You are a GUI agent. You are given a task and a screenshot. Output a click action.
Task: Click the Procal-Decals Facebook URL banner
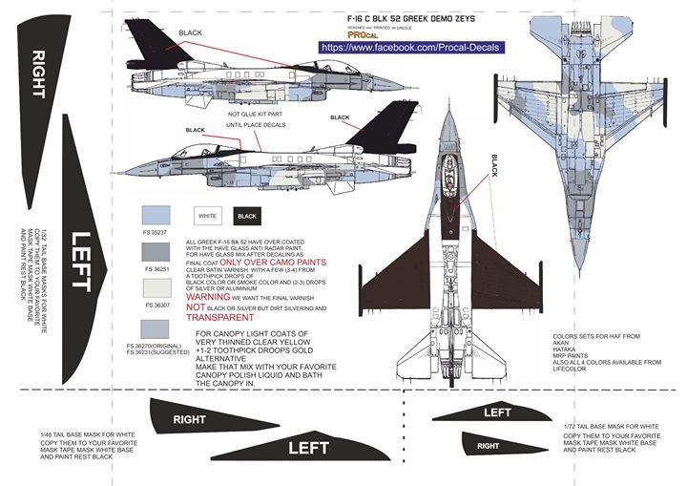(410, 46)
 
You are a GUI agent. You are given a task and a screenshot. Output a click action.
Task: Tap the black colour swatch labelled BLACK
(243, 215)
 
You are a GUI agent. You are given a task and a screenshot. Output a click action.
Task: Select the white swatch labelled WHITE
(207, 215)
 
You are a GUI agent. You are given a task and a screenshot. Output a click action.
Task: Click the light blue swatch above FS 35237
(156, 215)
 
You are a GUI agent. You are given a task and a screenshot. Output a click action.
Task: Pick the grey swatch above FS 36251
(156, 251)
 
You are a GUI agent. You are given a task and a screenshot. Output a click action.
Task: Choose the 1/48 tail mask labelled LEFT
(286, 445)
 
